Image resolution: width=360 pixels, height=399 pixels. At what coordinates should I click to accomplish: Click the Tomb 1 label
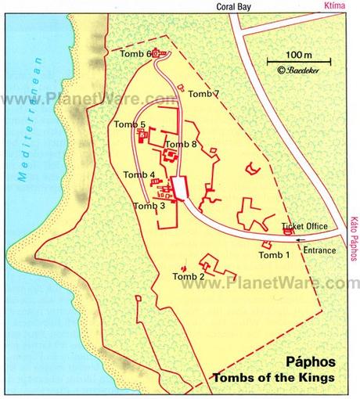[x=275, y=254]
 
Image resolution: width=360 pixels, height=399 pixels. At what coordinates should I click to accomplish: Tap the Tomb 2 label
[x=189, y=276]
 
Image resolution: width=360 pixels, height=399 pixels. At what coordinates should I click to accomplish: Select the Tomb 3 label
[x=149, y=206]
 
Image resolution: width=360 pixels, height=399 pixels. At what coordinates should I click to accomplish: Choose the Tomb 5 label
[x=130, y=124]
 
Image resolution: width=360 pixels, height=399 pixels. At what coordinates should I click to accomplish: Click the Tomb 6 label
[x=135, y=53]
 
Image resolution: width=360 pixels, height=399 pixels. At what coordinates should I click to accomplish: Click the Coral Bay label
[x=235, y=6]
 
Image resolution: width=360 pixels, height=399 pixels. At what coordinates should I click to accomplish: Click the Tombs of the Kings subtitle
[x=274, y=379]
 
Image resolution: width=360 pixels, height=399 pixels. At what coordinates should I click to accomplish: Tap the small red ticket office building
[x=287, y=231]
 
